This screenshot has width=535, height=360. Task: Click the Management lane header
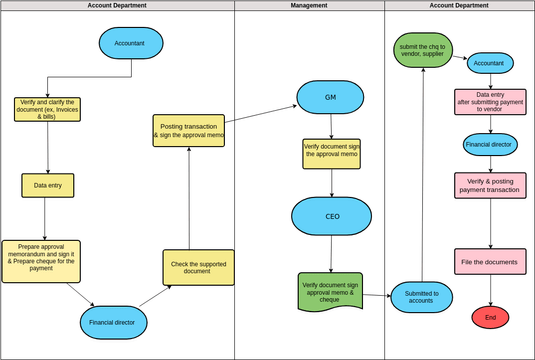pos(309,6)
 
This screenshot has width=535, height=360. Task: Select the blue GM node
pos(330,97)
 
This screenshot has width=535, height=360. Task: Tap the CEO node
pos(332,216)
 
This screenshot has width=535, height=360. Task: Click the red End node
pos(490,317)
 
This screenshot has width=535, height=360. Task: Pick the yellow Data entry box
pos(48,185)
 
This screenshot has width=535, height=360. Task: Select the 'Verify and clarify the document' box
pos(47,109)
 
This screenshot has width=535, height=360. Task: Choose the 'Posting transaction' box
pos(188,130)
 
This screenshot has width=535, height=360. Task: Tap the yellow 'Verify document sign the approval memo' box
pos(331,152)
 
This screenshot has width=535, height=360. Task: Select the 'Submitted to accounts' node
pos(421,296)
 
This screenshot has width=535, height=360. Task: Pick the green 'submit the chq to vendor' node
pos(423,49)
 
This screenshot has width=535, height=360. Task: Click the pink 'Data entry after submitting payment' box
pos(490,102)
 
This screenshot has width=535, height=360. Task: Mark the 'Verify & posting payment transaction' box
pos(490,185)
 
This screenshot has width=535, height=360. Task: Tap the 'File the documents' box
pos(490,262)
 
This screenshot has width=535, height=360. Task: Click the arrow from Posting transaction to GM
pos(260,117)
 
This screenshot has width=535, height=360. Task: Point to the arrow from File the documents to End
pos(490,291)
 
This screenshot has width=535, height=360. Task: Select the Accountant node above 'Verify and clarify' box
pos(130,43)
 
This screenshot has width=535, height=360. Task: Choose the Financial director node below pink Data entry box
pos(490,144)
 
